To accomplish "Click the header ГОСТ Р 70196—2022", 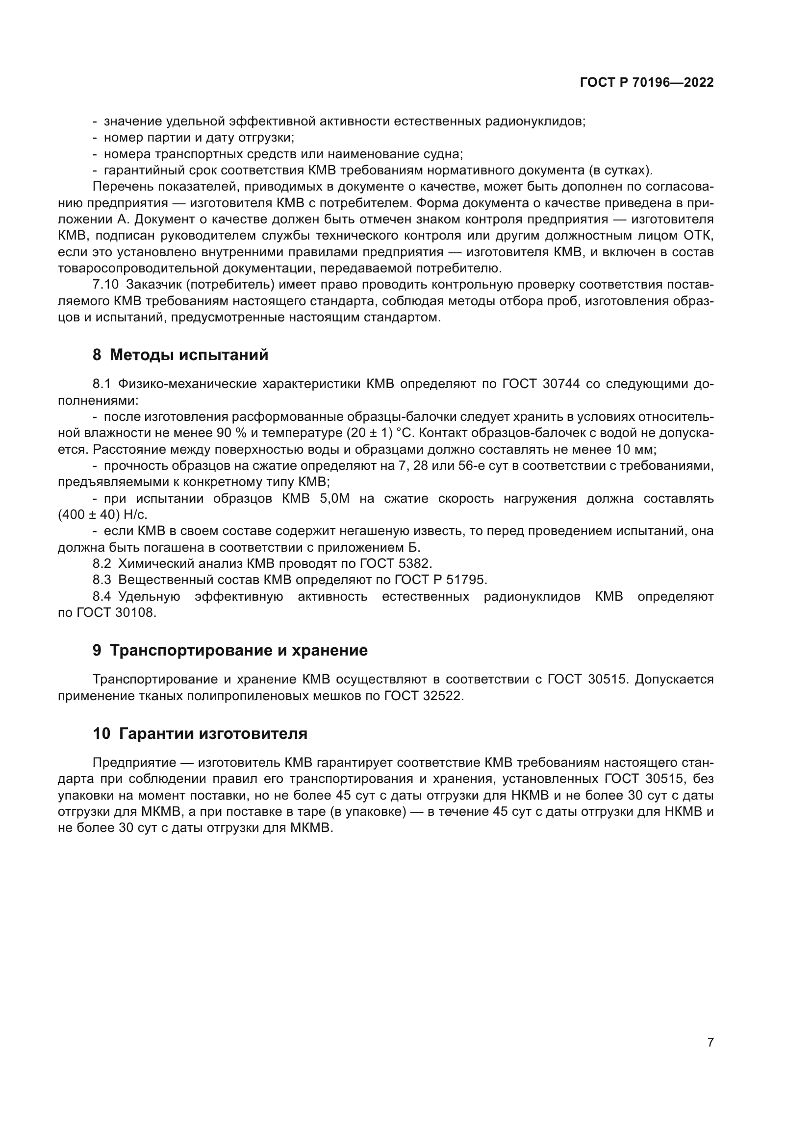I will pos(647,83).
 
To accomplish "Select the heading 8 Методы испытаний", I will pos(180,355).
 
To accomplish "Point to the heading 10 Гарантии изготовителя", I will pos(200,734).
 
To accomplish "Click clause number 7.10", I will pos(105,285).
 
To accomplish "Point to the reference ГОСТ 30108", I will pos(115,612).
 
